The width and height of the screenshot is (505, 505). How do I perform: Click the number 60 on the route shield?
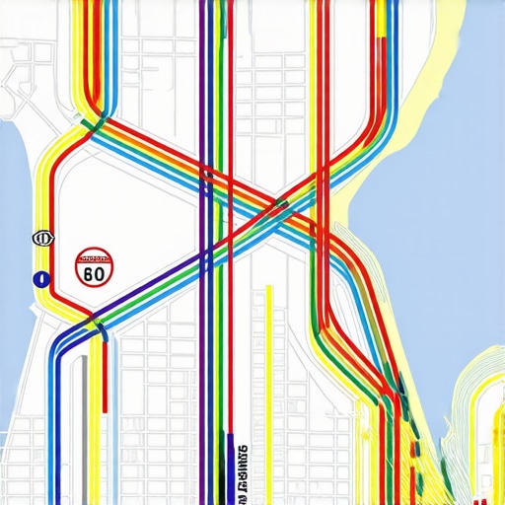95,273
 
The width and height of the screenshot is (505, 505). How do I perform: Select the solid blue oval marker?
41,279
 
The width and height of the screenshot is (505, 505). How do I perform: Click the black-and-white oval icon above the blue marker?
41,238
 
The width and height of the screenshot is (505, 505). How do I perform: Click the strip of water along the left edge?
14,197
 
